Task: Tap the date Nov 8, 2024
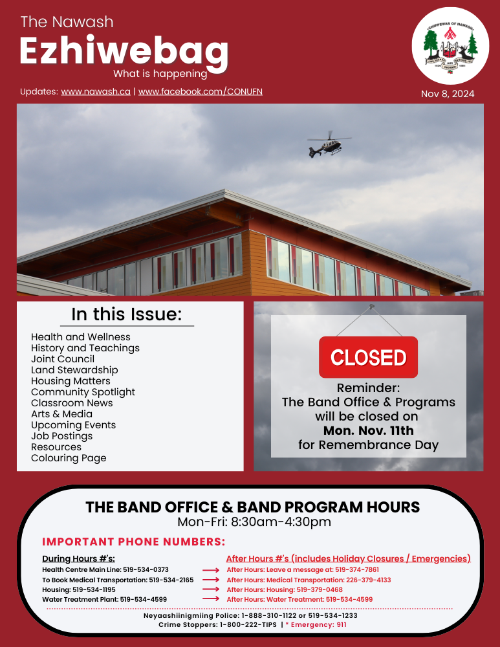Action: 448,94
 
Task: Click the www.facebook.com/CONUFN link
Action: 201,92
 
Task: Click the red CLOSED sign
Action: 368,357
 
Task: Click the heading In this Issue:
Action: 126,315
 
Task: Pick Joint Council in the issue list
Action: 63,359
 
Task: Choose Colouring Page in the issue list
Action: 69,458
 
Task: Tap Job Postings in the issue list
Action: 61,436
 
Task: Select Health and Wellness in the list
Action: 81,337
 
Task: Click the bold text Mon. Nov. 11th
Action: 368,430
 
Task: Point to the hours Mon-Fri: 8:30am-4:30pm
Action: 254,522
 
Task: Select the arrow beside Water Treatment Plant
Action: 211,600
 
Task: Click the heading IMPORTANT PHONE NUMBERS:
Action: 133,542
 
